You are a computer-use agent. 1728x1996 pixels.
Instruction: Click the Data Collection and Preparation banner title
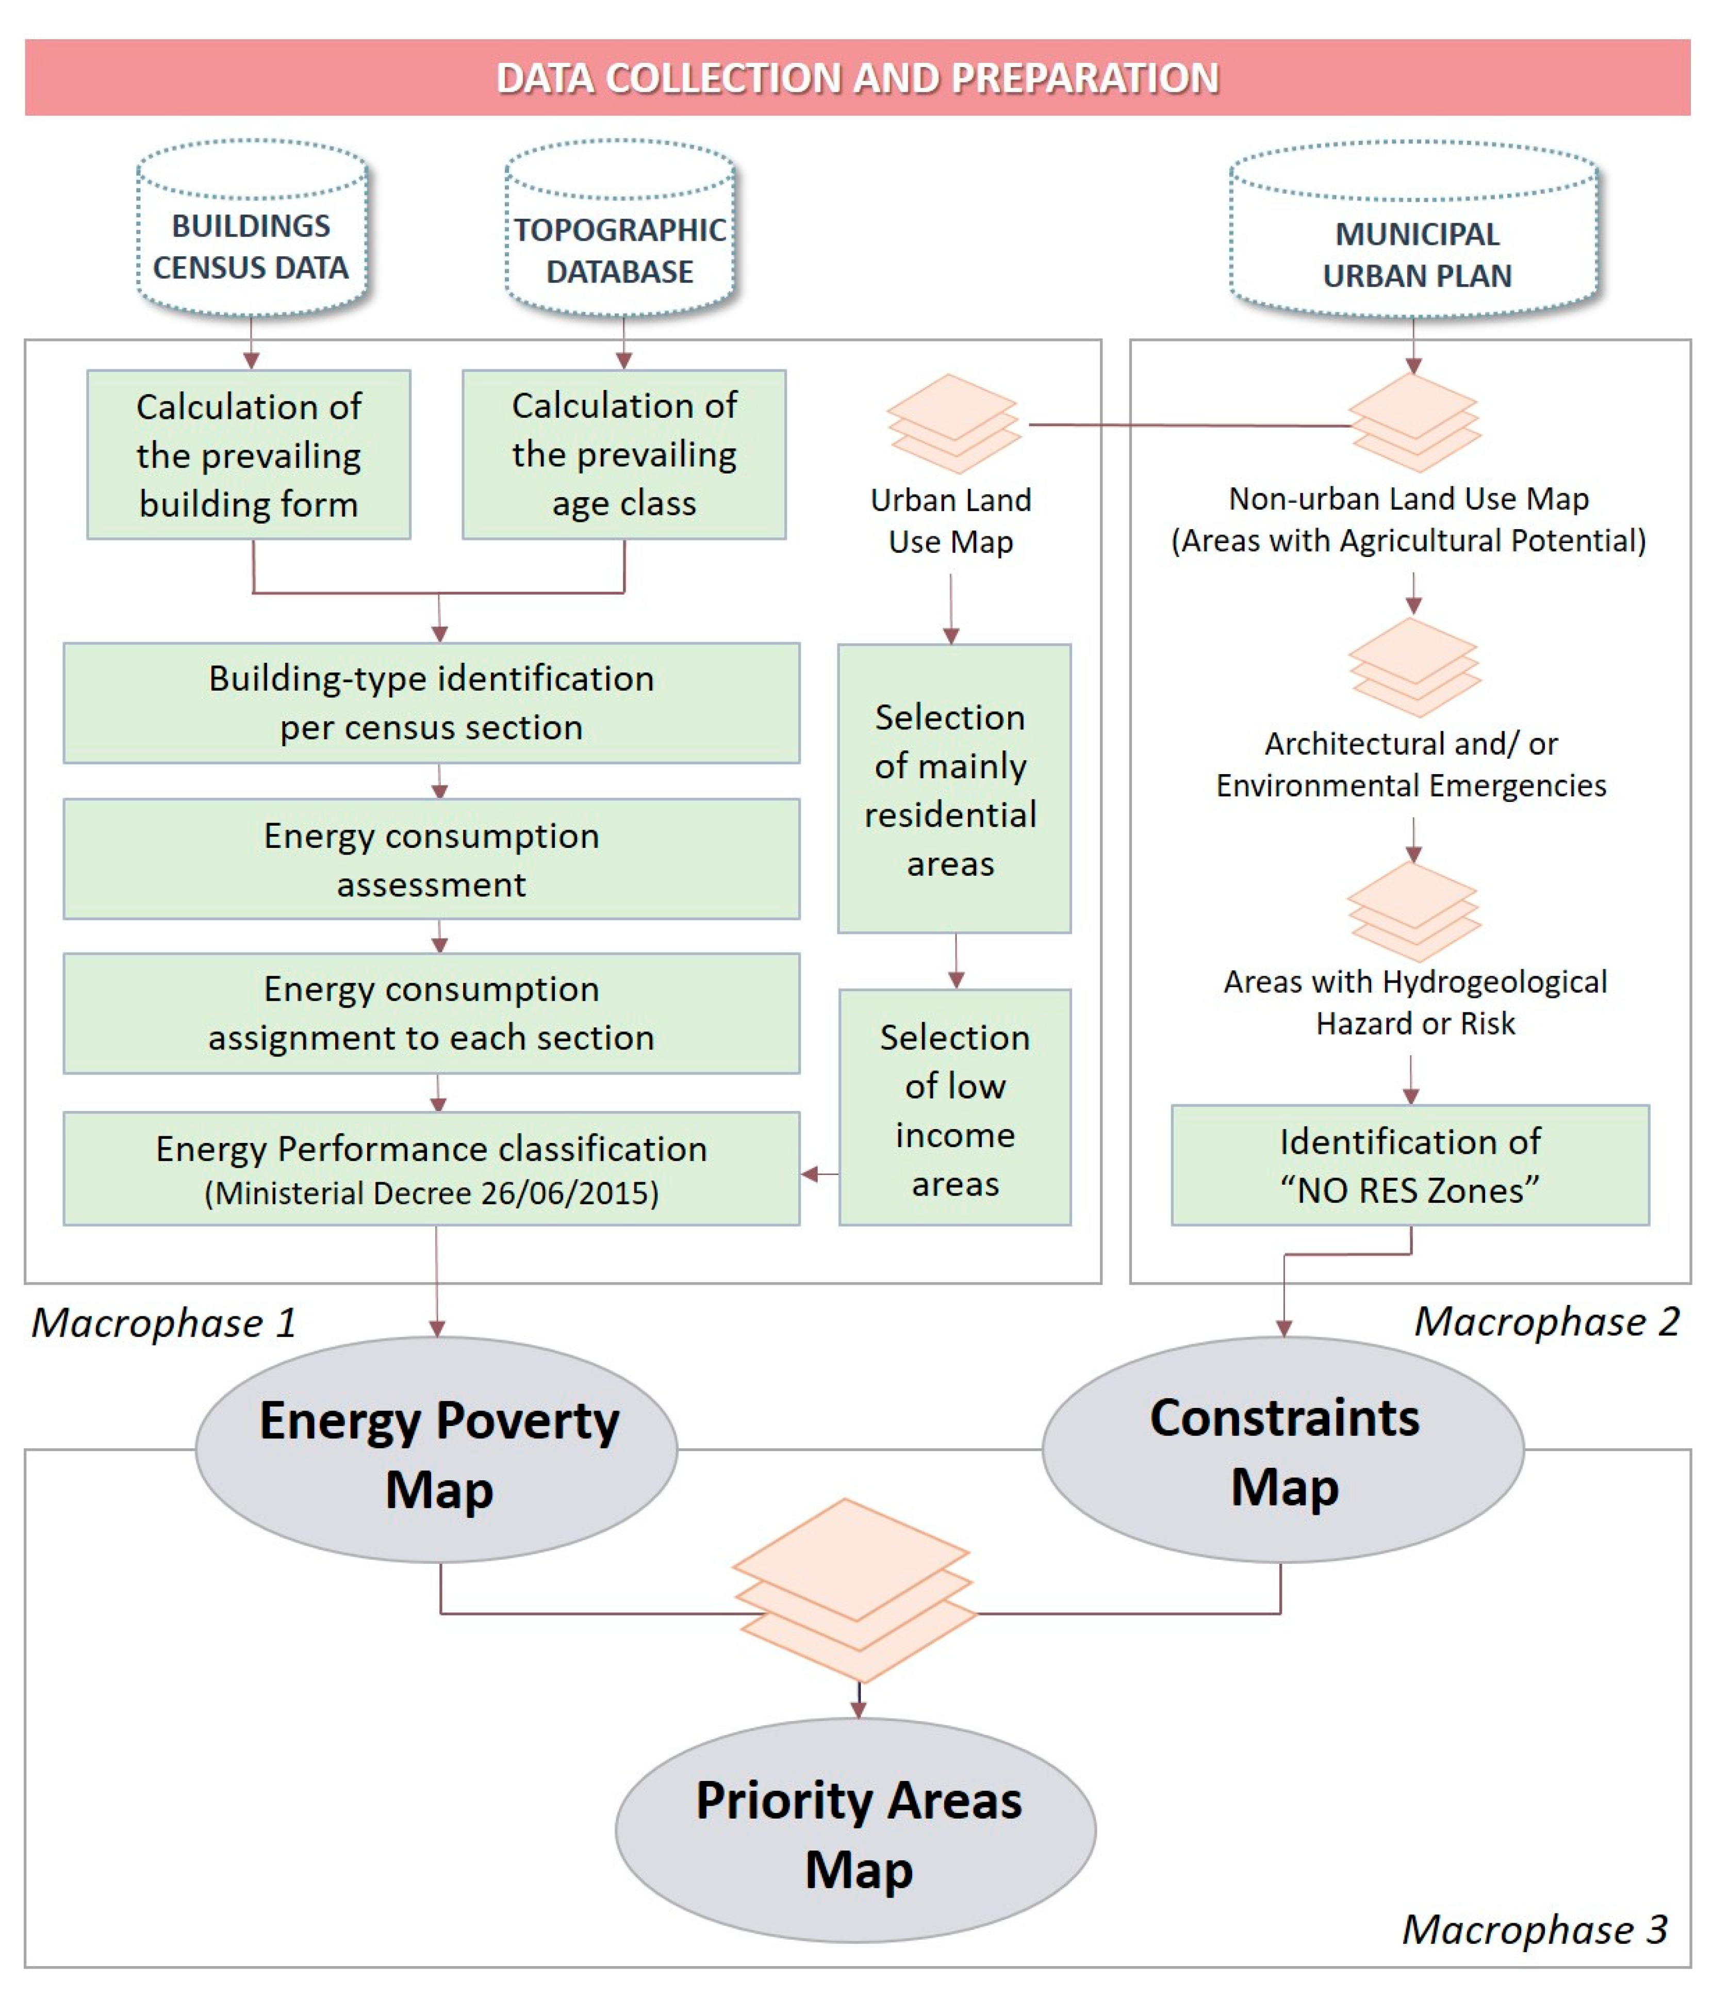coord(857,78)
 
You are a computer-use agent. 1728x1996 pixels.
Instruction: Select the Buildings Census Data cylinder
coord(252,232)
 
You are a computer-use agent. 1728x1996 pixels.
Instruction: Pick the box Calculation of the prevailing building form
coord(249,455)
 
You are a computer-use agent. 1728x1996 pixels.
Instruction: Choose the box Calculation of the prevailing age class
coord(624,455)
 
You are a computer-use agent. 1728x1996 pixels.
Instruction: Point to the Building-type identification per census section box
coord(431,703)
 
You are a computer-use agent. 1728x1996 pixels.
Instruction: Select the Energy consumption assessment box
coord(431,859)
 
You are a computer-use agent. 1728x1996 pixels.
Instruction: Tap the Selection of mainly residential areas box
coord(953,789)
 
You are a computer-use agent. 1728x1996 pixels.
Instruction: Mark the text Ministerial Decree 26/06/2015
coord(431,1194)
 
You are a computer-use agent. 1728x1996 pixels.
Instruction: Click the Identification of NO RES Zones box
coord(1410,1165)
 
